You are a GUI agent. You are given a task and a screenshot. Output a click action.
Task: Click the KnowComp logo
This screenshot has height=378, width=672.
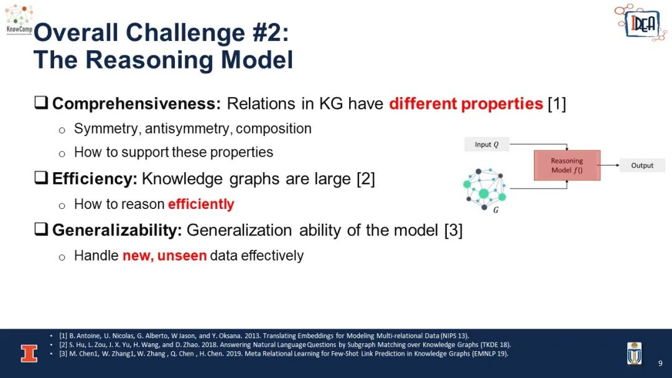pos(19,20)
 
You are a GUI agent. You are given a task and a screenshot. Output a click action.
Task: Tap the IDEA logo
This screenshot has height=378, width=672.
pos(640,22)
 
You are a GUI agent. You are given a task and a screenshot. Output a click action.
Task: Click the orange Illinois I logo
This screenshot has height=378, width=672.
pos(29,354)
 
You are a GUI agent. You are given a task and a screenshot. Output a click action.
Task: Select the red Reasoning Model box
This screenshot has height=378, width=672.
pos(567,165)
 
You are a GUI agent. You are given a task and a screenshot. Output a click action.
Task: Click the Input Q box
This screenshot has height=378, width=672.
pos(487,144)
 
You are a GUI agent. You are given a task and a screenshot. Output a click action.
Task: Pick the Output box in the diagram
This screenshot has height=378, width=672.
pos(642,165)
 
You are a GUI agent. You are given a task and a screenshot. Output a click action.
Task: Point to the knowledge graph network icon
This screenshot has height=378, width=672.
pos(485,190)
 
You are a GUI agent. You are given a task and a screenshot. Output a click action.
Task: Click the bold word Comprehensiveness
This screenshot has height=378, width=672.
pos(136,104)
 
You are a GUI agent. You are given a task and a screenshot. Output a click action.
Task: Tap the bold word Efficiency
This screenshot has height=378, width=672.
pos(95,179)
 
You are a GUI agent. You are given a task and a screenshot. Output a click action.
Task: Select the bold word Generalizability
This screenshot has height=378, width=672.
pos(117,230)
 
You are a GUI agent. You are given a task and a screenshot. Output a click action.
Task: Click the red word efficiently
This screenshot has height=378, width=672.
pos(201,204)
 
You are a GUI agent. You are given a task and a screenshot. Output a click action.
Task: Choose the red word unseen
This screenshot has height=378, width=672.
pos(182,256)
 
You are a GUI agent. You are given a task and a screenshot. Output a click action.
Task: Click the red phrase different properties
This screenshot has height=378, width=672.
pos(466,104)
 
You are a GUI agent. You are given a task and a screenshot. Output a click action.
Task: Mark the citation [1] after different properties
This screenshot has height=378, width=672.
pos(557,104)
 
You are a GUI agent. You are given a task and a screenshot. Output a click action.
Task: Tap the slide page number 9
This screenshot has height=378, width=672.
pos(660,364)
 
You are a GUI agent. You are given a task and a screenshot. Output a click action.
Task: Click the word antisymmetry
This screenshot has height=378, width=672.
pos(187,129)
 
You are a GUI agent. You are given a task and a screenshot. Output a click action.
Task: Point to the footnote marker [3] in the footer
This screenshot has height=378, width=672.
pos(63,354)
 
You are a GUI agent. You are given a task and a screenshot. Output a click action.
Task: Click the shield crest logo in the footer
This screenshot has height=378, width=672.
pos(634,353)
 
